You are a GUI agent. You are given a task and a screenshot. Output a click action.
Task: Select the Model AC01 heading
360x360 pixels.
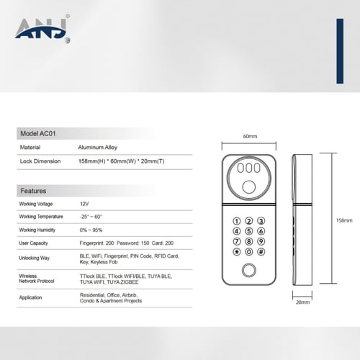click(x=38, y=134)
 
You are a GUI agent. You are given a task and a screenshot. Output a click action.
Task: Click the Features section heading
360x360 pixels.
click(x=33, y=192)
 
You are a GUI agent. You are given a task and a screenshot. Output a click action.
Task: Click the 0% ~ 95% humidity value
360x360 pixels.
click(x=91, y=229)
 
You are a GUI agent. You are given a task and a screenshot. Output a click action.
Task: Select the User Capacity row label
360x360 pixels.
click(x=34, y=242)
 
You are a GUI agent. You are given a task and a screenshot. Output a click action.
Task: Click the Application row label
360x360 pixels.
click(x=30, y=296)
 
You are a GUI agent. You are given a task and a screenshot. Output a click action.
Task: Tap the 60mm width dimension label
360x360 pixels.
click(x=250, y=135)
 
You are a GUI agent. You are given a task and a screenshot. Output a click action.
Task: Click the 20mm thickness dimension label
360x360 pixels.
click(x=302, y=303)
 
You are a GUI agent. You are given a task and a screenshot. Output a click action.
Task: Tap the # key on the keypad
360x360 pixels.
click(x=263, y=253)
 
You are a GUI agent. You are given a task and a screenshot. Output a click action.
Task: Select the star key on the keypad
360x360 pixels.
click(x=235, y=253)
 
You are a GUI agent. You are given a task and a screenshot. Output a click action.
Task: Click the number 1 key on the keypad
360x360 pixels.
click(x=235, y=222)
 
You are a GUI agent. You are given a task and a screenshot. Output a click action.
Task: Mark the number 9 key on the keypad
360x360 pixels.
click(x=263, y=243)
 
